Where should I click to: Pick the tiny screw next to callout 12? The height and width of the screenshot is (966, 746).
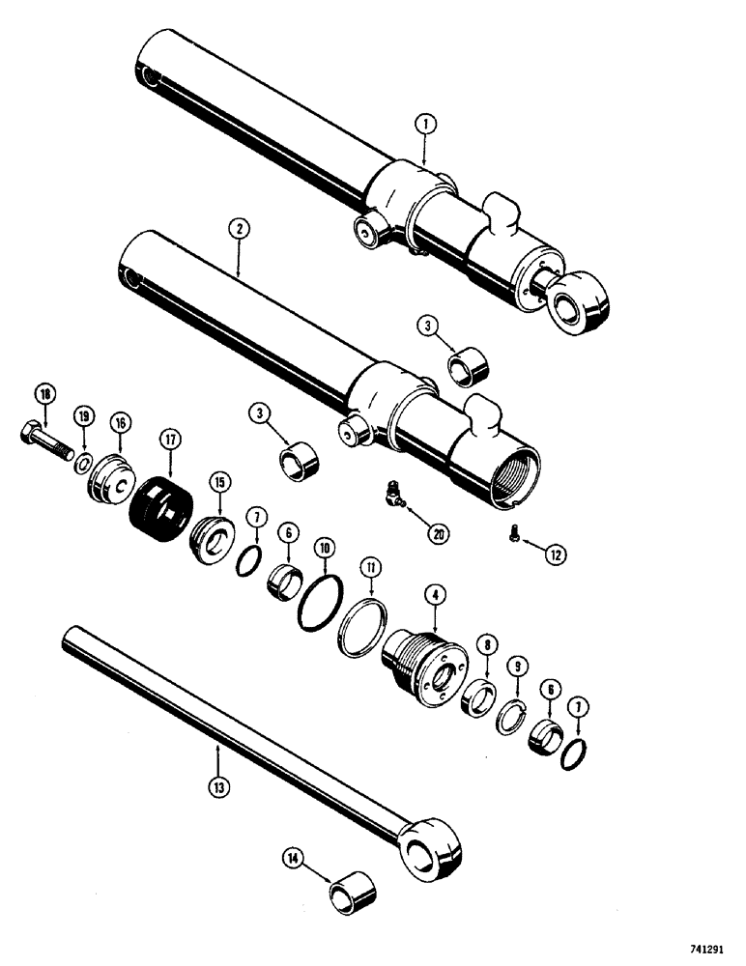(x=513, y=530)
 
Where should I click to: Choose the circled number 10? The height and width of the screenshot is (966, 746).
(x=326, y=547)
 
